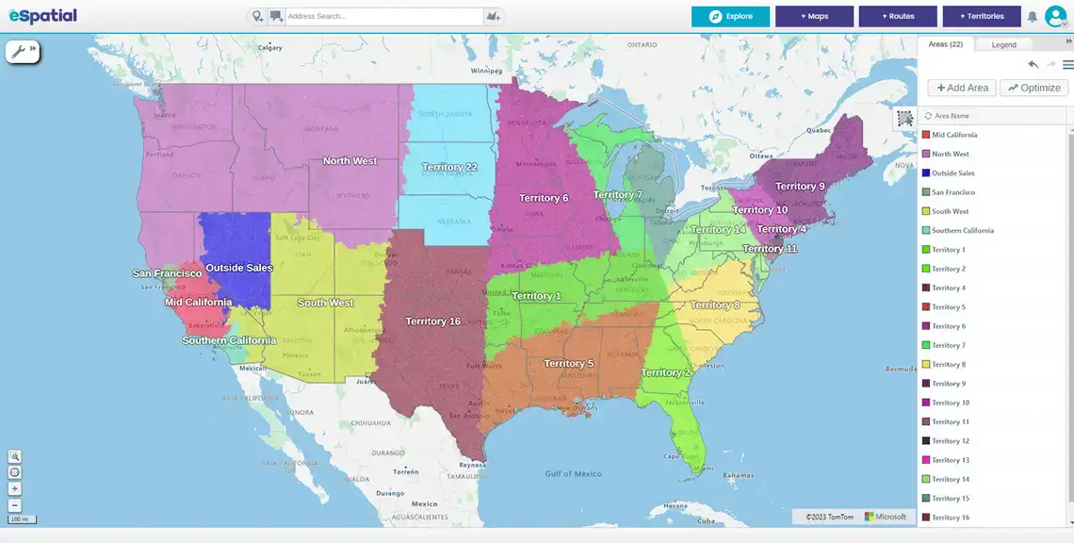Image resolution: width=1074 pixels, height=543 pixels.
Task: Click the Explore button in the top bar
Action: (730, 16)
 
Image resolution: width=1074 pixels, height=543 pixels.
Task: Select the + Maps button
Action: (814, 16)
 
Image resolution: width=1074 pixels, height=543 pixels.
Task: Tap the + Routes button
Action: (898, 16)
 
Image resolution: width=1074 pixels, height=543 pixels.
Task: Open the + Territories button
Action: (981, 16)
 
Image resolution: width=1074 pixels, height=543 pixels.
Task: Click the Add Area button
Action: (962, 88)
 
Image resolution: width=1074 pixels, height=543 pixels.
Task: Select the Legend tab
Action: (1003, 44)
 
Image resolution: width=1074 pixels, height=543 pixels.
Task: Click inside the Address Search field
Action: (382, 17)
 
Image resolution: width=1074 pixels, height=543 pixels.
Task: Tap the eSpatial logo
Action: (42, 16)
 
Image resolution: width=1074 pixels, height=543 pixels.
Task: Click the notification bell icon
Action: (1032, 17)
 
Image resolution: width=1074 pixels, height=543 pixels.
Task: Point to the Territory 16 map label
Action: (432, 321)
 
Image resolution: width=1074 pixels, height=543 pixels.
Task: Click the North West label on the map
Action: (350, 161)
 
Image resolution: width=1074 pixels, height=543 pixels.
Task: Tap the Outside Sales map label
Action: (238, 268)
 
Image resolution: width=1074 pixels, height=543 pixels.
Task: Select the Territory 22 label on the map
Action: (449, 167)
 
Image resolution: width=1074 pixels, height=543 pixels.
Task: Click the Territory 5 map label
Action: (568, 364)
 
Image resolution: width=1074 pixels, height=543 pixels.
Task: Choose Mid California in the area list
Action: (954, 135)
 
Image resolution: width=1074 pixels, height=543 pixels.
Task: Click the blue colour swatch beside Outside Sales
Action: (926, 173)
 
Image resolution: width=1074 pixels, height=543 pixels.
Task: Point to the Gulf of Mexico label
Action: (573, 473)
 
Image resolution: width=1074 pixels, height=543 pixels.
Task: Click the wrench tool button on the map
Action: (18, 51)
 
